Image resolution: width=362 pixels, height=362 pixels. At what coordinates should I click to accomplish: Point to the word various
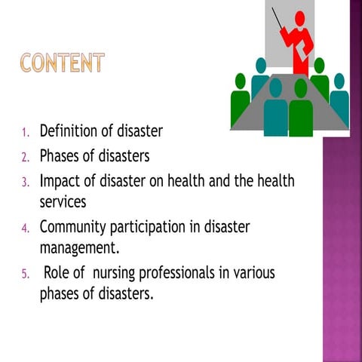(252, 272)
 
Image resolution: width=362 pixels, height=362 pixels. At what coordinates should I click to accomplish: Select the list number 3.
(24, 183)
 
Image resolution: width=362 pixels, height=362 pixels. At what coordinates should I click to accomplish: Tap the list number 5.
(24, 274)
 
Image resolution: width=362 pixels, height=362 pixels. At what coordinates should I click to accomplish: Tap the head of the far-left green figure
(241, 81)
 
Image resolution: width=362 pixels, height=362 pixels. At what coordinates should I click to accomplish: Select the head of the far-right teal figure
(339, 81)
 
